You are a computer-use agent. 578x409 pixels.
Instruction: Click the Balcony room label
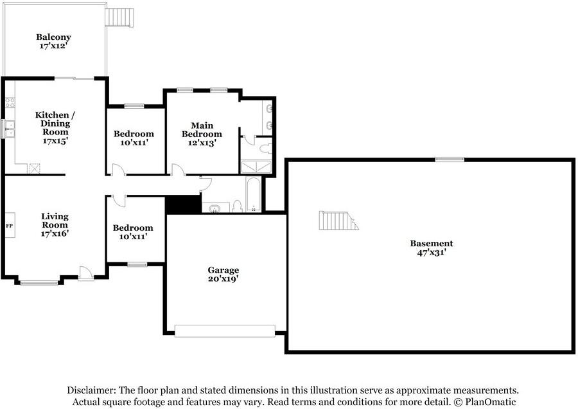53,37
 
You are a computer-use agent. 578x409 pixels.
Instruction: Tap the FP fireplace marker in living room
10,226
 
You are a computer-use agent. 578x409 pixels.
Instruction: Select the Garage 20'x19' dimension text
223,278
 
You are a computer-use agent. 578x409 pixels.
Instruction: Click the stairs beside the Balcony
119,17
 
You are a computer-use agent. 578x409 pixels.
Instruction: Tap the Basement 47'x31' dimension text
432,253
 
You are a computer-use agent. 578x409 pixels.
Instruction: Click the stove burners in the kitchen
10,103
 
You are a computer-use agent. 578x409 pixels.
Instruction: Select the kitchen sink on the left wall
10,129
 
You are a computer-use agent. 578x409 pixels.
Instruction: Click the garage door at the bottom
225,331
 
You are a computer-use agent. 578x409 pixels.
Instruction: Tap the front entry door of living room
85,273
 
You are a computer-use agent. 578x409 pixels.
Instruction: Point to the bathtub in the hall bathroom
253,195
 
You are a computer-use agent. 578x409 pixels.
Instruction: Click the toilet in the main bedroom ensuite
265,149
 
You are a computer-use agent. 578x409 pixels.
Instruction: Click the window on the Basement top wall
450,159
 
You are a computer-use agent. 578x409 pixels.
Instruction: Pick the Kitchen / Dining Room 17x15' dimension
55,141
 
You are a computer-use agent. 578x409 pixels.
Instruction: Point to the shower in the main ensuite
256,167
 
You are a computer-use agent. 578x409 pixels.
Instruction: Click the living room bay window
39,283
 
